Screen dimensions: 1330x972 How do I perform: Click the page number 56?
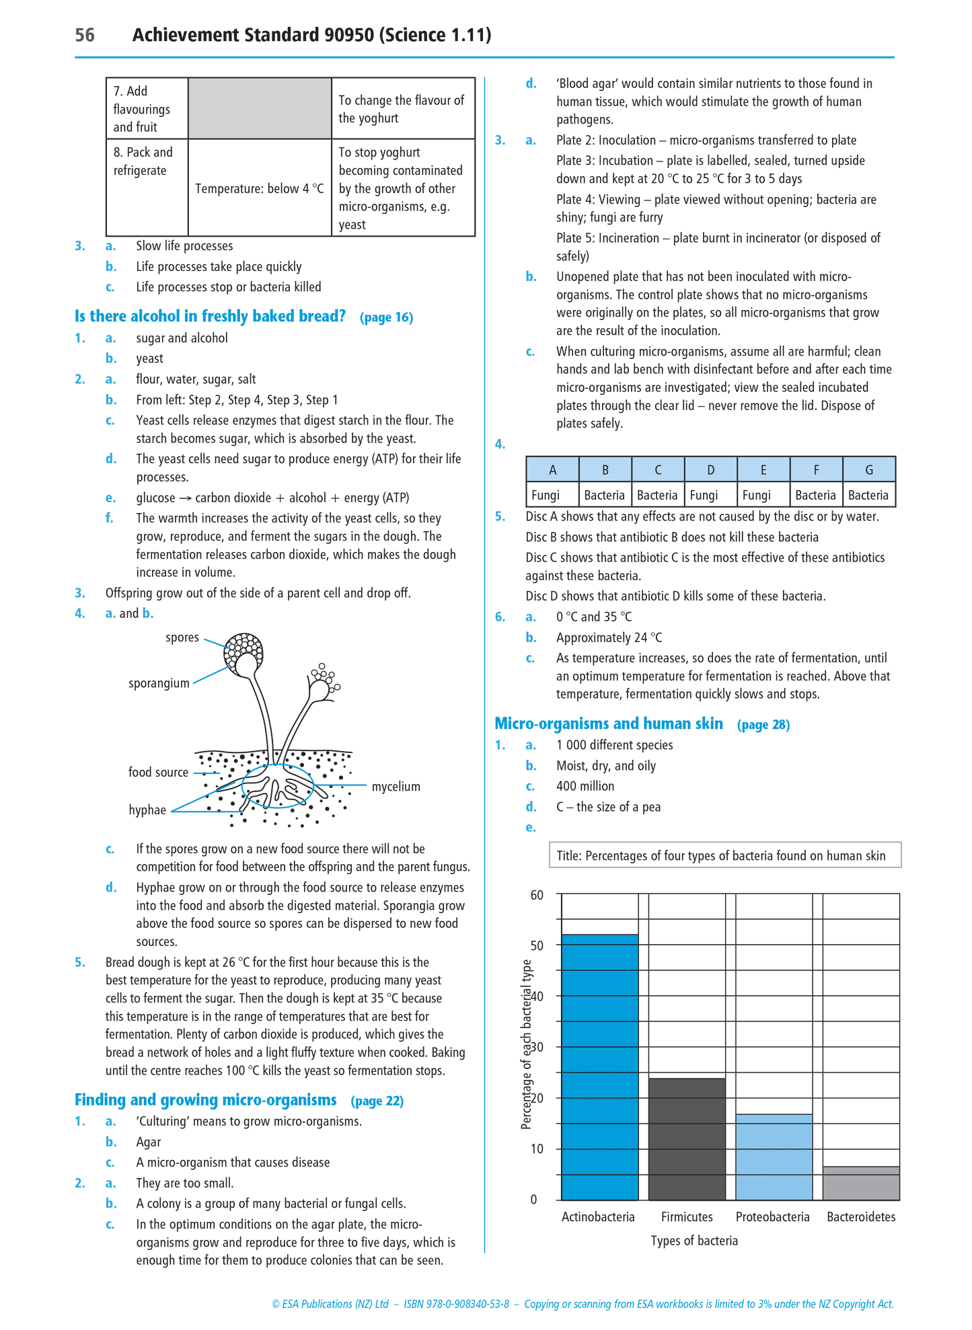(x=85, y=35)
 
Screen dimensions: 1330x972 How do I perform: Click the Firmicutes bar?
(x=687, y=1139)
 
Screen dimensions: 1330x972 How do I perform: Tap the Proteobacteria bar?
(x=774, y=1157)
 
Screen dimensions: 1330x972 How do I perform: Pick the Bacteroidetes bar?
(x=861, y=1183)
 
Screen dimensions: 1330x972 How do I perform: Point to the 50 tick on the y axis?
(x=537, y=945)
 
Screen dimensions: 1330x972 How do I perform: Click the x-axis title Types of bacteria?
(x=694, y=1241)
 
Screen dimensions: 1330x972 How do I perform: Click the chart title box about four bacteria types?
(x=724, y=855)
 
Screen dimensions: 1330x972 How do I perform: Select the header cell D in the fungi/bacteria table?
(x=710, y=470)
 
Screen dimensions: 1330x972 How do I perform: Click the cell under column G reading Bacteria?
(x=868, y=496)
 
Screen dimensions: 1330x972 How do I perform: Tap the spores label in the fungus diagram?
(x=182, y=637)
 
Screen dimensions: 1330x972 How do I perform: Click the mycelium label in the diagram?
(x=396, y=787)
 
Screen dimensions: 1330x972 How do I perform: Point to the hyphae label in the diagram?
(x=147, y=810)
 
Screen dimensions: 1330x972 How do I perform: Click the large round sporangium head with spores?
(x=244, y=652)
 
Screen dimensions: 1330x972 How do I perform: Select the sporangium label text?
(x=159, y=683)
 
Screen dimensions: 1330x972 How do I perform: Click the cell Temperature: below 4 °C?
(x=260, y=188)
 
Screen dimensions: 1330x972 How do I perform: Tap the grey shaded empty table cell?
(x=260, y=108)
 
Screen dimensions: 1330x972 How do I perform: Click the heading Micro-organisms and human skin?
(x=609, y=723)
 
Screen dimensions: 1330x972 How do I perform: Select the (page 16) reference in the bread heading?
(x=386, y=317)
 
